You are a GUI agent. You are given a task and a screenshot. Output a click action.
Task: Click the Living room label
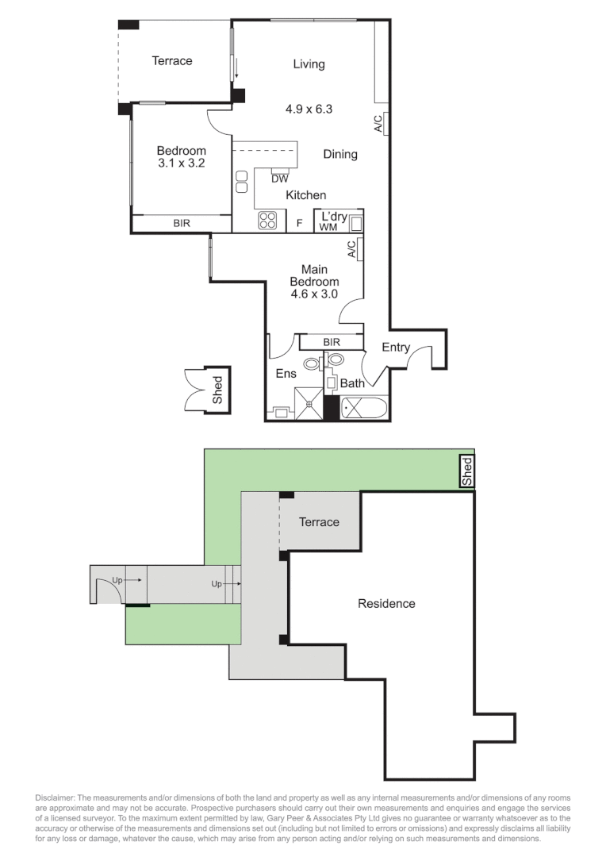point(309,64)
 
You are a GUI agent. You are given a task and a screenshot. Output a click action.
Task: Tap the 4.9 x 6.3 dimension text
point(309,109)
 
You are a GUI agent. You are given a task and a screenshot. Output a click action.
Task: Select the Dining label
point(340,154)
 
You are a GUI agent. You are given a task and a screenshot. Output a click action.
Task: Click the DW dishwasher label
point(279,179)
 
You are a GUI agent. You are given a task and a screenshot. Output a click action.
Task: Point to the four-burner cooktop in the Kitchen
point(268,221)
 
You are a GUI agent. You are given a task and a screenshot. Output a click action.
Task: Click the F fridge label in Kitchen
point(299,224)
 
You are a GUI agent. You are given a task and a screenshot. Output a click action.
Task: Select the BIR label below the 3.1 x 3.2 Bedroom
point(182,225)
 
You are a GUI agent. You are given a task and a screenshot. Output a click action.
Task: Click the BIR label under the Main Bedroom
point(332,342)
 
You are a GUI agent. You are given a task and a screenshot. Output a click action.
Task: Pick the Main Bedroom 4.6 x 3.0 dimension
point(314,294)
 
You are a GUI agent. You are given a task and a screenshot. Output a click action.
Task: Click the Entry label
point(396,348)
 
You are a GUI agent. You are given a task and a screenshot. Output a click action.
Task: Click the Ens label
point(286,374)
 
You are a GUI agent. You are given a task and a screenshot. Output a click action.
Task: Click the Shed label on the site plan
point(467,471)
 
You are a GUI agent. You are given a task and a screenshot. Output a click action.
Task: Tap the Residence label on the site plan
point(386,604)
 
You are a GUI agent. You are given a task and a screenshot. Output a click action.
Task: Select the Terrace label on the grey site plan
point(319,521)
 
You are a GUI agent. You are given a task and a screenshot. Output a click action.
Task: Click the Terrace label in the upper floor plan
point(172,60)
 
